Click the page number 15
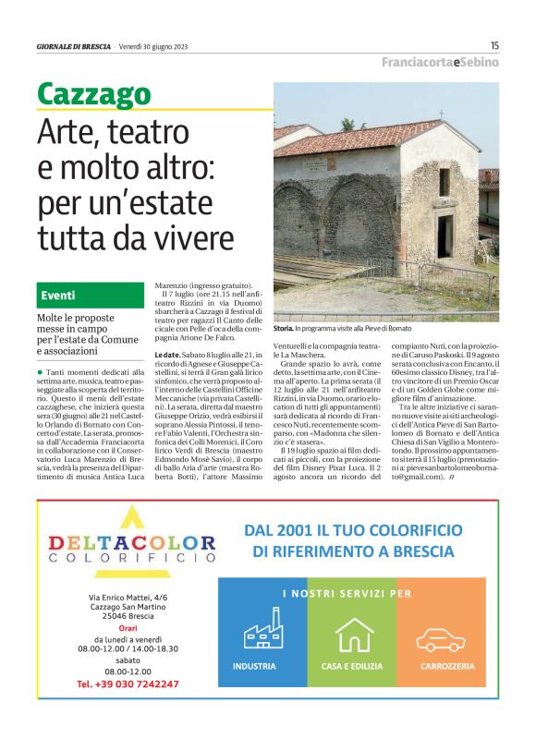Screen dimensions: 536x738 (494, 44)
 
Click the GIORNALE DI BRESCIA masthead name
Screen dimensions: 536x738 (74, 45)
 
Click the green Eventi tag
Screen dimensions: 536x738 (58, 296)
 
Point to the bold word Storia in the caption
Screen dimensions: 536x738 (284, 328)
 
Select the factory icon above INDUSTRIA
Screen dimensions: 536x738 (263, 633)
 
